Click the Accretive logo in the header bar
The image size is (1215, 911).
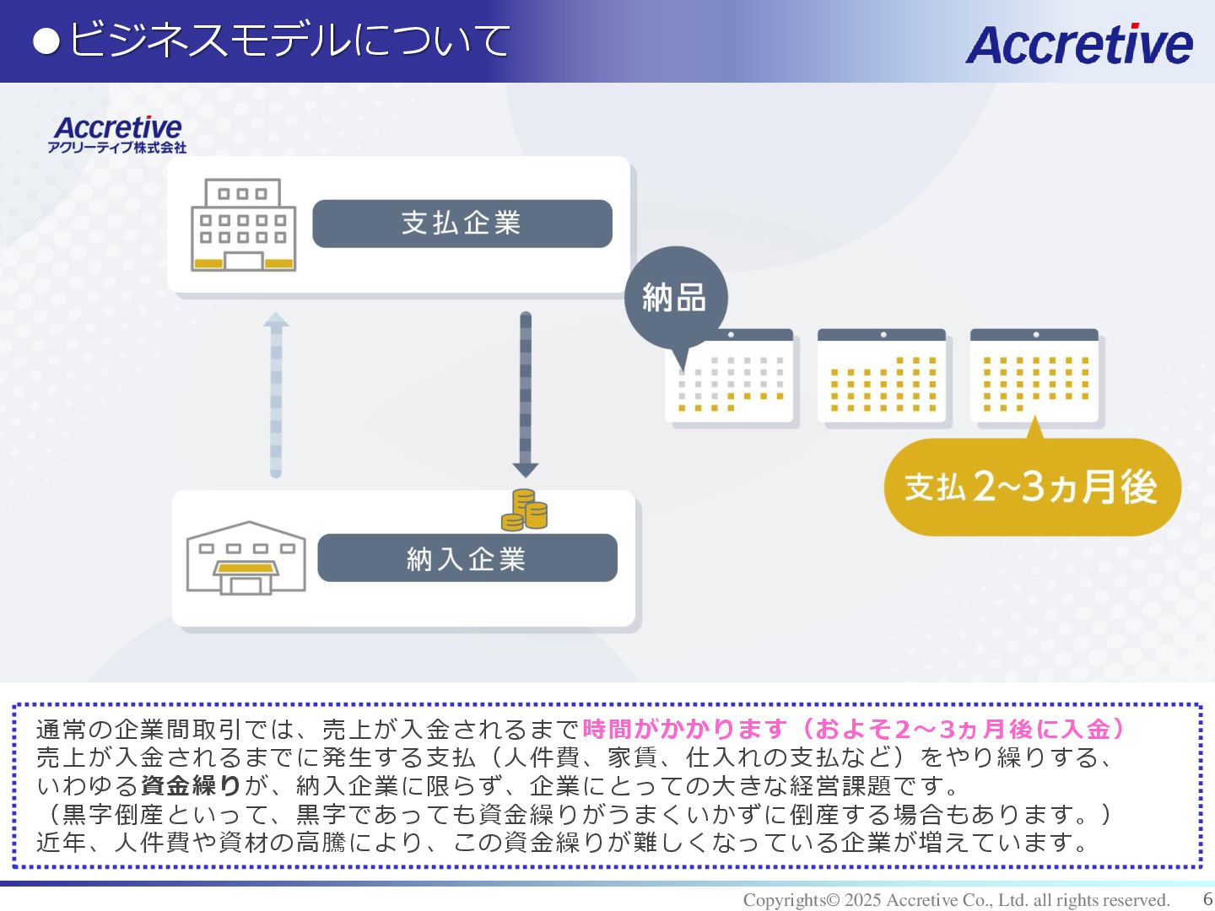[1078, 44]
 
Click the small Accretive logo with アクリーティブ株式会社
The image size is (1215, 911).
[117, 134]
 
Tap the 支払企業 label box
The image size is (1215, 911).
[462, 224]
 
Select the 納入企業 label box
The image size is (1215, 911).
[467, 558]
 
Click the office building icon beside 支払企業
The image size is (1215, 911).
[243, 225]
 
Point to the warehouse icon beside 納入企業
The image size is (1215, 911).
[246, 558]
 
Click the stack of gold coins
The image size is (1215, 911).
[524, 511]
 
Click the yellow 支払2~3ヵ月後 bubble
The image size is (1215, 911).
[1031, 487]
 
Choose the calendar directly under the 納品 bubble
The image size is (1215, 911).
[730, 376]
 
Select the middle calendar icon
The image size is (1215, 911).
[882, 376]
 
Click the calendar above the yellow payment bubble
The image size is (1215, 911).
[1034, 376]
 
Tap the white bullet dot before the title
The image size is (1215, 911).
[46, 41]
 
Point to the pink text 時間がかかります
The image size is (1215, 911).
[683, 729]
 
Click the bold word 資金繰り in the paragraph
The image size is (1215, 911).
[191, 786]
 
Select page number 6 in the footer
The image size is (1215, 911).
[1207, 899]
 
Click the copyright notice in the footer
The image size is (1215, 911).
[956, 900]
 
